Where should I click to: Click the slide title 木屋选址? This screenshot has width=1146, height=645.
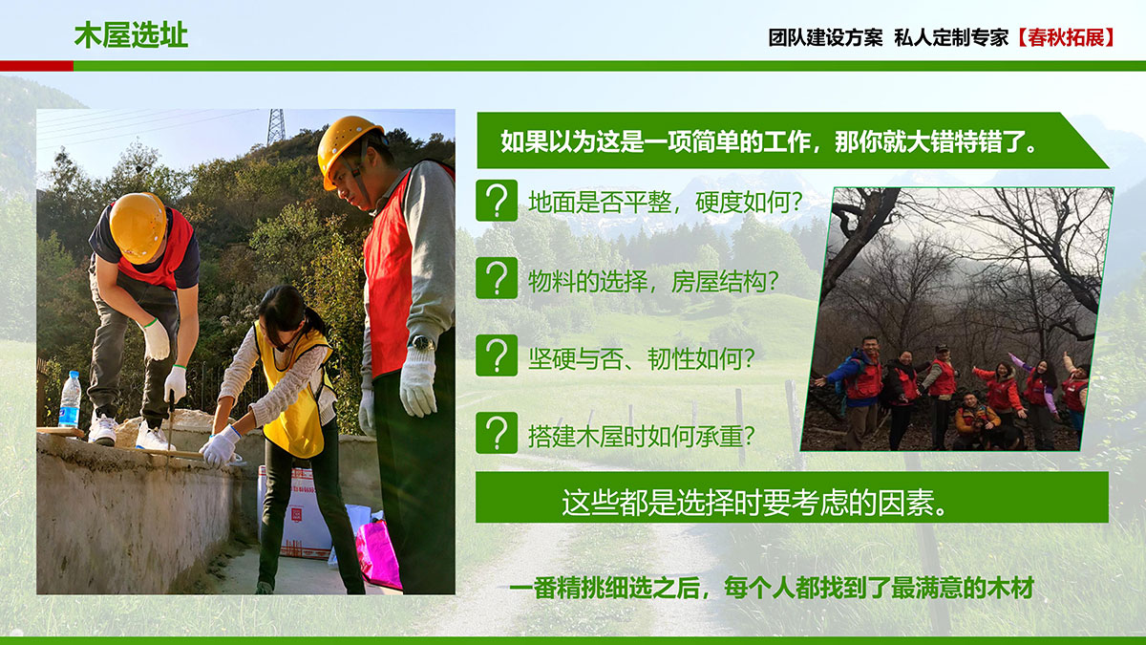(131, 35)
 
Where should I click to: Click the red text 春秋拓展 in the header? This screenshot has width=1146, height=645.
(1066, 37)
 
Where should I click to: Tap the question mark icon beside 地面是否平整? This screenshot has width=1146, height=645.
(497, 200)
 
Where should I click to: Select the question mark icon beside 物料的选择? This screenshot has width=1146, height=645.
(497, 278)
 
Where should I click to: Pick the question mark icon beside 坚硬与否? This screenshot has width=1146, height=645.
(497, 355)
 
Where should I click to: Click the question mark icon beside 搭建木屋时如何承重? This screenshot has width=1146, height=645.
(497, 433)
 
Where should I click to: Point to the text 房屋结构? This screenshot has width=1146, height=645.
(718, 281)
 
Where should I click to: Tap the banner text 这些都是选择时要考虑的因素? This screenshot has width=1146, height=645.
(753, 503)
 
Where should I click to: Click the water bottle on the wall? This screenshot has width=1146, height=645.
(70, 399)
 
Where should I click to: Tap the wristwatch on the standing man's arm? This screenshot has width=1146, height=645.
(422, 343)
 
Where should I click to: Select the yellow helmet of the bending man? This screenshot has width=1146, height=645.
(138, 227)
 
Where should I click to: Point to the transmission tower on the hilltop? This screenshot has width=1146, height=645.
(276, 127)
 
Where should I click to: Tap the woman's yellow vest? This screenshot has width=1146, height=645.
(296, 394)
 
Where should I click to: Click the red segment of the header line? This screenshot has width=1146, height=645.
(37, 66)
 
